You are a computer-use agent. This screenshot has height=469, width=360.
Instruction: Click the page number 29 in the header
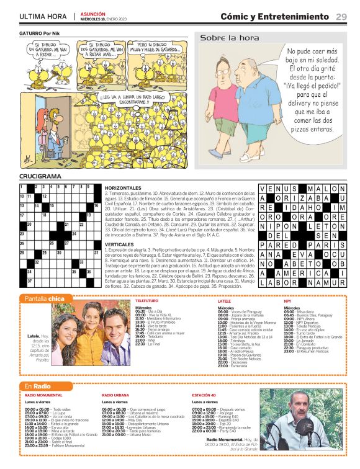341,16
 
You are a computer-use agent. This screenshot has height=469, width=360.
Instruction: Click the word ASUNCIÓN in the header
93,14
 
